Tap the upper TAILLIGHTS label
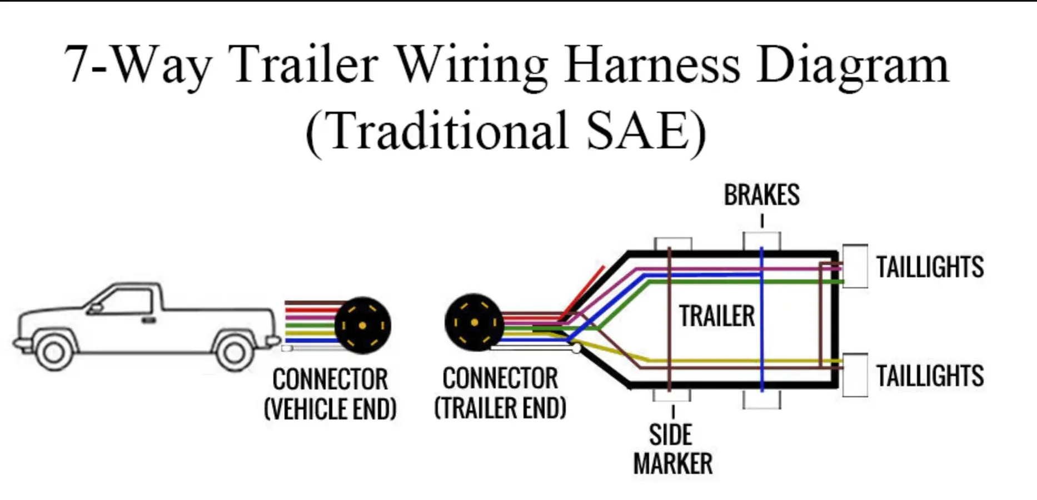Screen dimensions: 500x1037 pos(930,267)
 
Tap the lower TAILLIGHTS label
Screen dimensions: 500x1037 pos(930,376)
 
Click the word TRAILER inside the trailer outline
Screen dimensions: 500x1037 pos(717,316)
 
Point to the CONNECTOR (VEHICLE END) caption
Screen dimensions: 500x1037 pos(330,394)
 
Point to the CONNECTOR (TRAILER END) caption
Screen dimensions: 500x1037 pos(500,393)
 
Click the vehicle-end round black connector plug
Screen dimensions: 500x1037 pos(363,325)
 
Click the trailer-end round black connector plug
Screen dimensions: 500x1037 pos(473,323)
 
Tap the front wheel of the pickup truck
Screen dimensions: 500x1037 pos(53,352)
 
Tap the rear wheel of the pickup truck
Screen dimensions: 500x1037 pos(233,352)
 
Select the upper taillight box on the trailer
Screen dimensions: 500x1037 pos(855,266)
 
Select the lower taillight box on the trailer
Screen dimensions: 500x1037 pos(855,375)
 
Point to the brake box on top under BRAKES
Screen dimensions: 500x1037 pos(762,241)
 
